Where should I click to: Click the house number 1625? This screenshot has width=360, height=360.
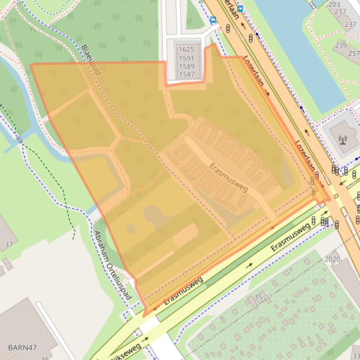[187, 50]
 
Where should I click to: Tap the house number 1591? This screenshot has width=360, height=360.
[187, 58]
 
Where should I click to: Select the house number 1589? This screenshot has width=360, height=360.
[187, 66]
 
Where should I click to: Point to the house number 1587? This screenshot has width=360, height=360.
[187, 74]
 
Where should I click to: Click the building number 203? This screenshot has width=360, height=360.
[334, 5]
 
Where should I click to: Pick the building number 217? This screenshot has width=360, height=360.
[340, 12]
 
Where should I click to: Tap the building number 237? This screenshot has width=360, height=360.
[350, 24]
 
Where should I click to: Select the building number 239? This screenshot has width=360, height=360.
[341, 45]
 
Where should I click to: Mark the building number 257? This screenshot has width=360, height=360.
[353, 53]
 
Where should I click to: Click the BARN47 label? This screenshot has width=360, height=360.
[22, 347]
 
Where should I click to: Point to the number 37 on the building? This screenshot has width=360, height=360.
[9, 244]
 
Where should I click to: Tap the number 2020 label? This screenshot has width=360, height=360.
[332, 259]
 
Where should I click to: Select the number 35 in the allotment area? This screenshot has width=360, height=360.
[258, 297]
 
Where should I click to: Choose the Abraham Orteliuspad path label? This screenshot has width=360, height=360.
[113, 266]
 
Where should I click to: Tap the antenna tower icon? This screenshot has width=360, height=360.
[343, 139]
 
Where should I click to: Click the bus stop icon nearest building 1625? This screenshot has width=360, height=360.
[213, 20]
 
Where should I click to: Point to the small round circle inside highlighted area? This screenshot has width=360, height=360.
[131, 229]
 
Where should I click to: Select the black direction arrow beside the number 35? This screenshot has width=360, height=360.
[249, 265]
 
